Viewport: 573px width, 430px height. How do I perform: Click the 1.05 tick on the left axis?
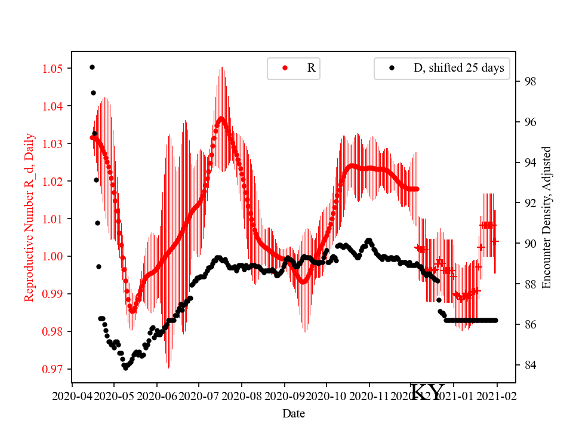click(x=52, y=69)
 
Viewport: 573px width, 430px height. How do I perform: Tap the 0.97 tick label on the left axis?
click(x=52, y=369)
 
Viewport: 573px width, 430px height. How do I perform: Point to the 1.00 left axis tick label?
click(x=52, y=256)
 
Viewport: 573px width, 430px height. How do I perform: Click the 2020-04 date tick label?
click(x=72, y=395)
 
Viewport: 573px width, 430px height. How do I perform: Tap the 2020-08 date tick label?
click(x=242, y=395)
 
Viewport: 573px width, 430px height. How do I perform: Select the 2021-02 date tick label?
click(x=497, y=395)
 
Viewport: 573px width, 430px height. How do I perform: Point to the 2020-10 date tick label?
click(x=326, y=395)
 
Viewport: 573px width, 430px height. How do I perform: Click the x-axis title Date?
click(x=293, y=413)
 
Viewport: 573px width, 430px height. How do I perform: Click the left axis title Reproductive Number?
click(x=30, y=217)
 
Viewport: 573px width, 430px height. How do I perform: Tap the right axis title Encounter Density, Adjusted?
click(x=546, y=217)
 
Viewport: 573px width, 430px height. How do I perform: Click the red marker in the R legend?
click(x=285, y=68)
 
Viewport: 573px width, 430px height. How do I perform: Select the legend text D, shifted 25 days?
click(x=458, y=68)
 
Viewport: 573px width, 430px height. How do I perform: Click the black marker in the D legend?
click(x=392, y=68)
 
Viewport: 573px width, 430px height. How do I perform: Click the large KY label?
click(x=428, y=392)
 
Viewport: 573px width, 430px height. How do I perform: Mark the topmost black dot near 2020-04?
click(x=92, y=67)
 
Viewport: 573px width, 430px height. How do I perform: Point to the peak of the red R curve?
click(x=221, y=118)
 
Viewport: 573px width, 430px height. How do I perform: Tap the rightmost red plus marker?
click(x=495, y=241)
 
